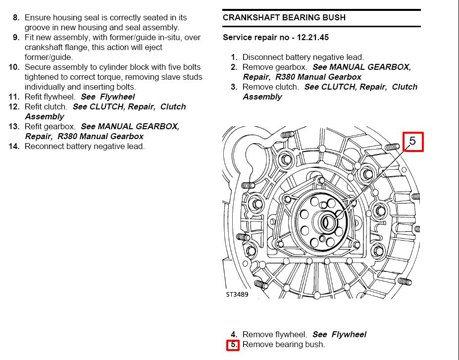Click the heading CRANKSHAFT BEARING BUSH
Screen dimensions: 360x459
[x=284, y=17]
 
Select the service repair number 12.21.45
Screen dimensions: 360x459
[x=311, y=37]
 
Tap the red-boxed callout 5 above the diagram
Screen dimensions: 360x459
[x=412, y=142]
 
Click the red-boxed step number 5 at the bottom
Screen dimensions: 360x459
[x=233, y=345]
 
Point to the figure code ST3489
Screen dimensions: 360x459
[x=237, y=294]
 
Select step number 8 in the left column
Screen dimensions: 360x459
[x=16, y=17]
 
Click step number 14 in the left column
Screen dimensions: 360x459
[x=14, y=146]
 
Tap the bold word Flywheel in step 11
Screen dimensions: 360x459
[x=117, y=97]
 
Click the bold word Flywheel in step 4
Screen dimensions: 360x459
[x=349, y=334]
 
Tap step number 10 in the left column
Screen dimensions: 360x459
[x=14, y=67]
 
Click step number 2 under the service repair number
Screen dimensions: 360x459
[x=234, y=67]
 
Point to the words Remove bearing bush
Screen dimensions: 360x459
[x=284, y=344]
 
